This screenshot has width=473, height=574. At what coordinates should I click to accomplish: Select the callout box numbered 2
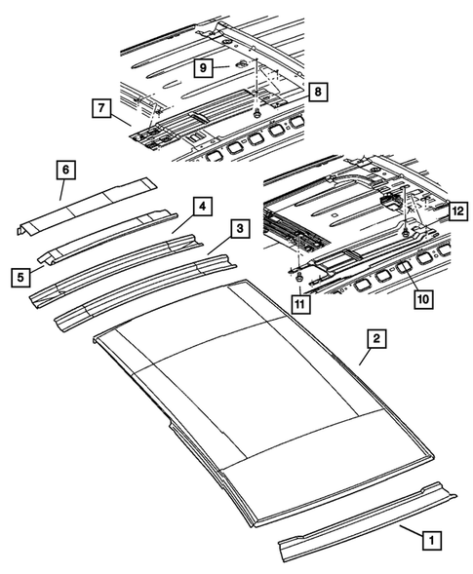tap(374, 339)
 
